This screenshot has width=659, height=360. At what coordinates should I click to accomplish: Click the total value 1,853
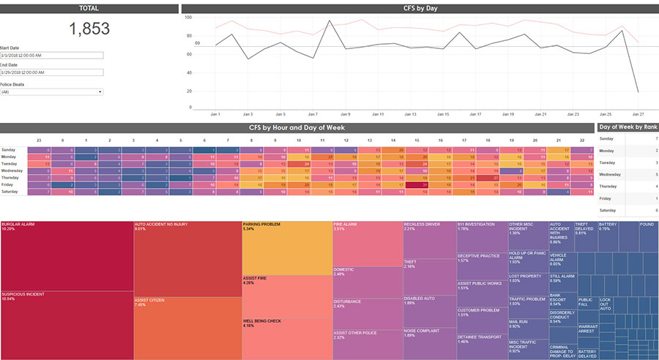[x=89, y=29]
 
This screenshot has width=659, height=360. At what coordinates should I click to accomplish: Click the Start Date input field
[x=51, y=55]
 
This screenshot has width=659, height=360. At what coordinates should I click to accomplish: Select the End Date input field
[x=51, y=72]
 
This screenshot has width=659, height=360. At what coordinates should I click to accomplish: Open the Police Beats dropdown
[x=51, y=91]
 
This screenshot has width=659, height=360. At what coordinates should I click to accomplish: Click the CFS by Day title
[x=420, y=8]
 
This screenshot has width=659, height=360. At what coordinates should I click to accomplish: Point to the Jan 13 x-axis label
[x=410, y=114]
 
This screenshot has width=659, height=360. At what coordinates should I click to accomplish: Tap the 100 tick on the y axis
[x=187, y=17]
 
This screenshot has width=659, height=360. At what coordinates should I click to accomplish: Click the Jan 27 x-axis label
[x=637, y=114]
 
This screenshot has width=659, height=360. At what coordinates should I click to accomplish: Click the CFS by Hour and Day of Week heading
[x=296, y=128]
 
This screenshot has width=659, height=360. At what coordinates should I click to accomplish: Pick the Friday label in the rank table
[x=606, y=198]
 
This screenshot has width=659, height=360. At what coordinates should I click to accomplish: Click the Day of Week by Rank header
[x=628, y=128]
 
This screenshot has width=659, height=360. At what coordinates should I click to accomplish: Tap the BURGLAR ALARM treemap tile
[x=67, y=256]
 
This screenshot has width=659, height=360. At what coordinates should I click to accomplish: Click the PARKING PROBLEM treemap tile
[x=287, y=247]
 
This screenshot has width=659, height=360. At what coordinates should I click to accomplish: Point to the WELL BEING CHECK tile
[x=287, y=338]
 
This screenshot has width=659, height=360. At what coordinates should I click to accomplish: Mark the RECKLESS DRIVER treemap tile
[x=430, y=239]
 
